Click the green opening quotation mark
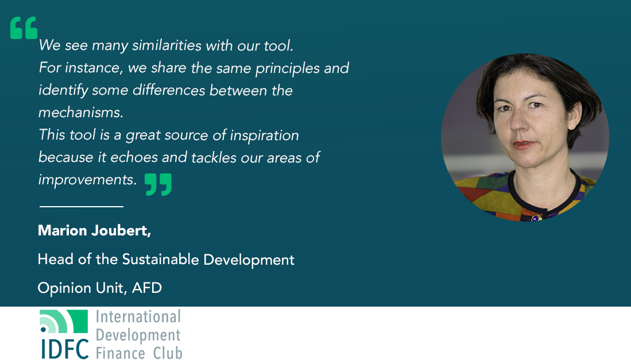(x=24, y=28)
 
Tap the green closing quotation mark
(x=158, y=185)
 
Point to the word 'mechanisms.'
(x=81, y=112)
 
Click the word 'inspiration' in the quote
(x=264, y=136)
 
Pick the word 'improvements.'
(x=87, y=180)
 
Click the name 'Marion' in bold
(x=63, y=230)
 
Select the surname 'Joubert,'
(x=121, y=231)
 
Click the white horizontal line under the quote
(x=82, y=207)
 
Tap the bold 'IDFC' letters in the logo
(x=65, y=349)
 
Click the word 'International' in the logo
(x=138, y=316)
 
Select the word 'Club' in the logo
(x=168, y=353)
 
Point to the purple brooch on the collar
(x=535, y=218)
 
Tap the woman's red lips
(x=523, y=145)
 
